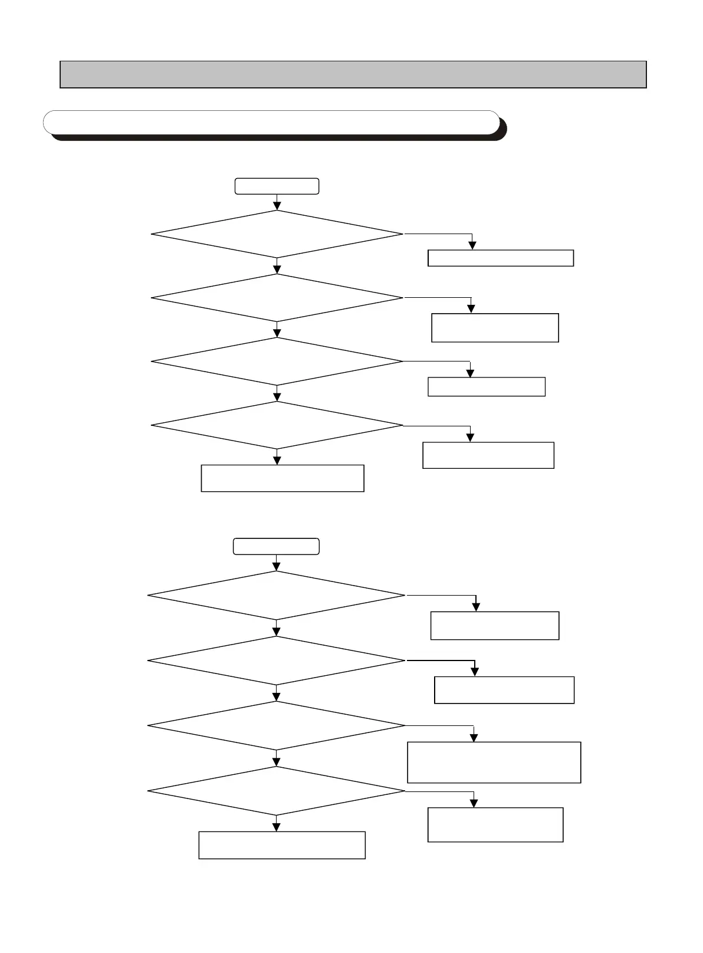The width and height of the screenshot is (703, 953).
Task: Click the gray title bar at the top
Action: [353, 74]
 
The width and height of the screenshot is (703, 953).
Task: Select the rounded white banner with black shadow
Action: [272, 122]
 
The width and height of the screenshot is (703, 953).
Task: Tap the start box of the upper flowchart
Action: [277, 186]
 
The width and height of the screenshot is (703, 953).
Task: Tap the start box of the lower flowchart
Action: [276, 546]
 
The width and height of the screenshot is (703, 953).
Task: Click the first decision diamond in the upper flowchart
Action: [277, 234]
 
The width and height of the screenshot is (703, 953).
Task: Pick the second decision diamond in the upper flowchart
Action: [277, 298]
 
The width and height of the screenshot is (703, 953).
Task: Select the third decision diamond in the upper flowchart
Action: [277, 362]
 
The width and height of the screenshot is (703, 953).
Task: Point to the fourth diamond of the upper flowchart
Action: [277, 425]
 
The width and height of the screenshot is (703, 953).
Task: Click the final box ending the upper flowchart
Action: [282, 478]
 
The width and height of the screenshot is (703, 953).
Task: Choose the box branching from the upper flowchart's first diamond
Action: [500, 258]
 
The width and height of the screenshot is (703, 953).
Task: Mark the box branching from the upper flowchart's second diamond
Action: [495, 328]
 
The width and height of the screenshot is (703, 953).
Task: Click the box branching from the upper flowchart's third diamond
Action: [486, 387]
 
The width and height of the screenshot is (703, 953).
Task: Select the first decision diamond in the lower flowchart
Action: [276, 596]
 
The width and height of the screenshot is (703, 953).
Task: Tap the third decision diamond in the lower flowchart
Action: [276, 725]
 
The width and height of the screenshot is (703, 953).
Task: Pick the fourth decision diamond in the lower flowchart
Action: [276, 791]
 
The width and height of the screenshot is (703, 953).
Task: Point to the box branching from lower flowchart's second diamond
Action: [504, 690]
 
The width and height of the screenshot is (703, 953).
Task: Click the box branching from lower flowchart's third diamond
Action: [494, 763]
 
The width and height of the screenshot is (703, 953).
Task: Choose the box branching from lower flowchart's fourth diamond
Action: [495, 824]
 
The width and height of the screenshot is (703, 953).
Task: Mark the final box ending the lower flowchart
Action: [282, 845]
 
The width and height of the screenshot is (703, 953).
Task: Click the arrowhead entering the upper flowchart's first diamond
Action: [277, 206]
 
